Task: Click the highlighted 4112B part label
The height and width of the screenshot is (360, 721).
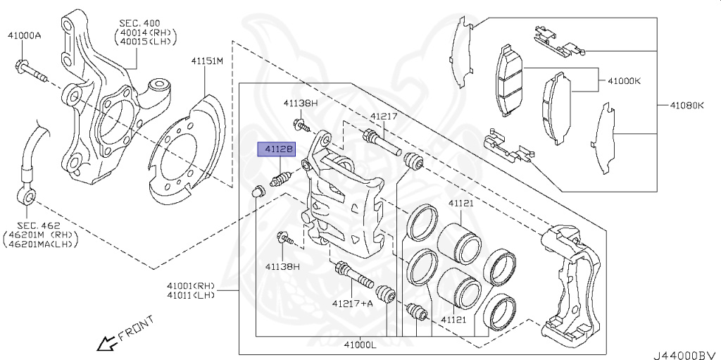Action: pyautogui.click(x=277, y=149)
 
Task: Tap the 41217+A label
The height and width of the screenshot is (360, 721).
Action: pyautogui.click(x=353, y=303)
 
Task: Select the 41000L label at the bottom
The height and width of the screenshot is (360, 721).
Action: pyautogui.click(x=360, y=345)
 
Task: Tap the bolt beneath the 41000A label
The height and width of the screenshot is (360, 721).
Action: pyautogui.click(x=29, y=71)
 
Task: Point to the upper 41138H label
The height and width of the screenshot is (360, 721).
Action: pyautogui.click(x=301, y=103)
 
